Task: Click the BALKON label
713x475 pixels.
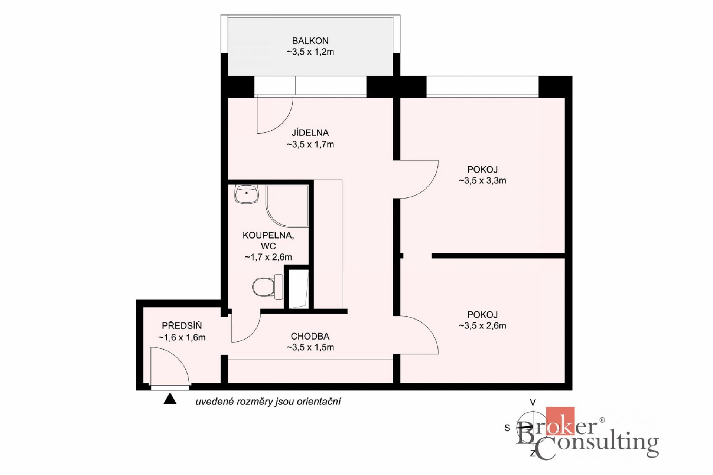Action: [x=310, y=40]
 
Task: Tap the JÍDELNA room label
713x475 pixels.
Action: [x=310, y=132]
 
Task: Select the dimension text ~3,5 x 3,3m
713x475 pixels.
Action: [x=482, y=181]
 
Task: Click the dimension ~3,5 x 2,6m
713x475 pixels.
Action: [x=482, y=326]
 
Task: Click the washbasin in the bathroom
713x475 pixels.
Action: [x=246, y=194]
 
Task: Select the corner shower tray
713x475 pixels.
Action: [x=287, y=206]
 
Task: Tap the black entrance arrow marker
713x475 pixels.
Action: [x=170, y=399]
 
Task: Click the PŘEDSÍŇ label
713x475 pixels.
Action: [x=182, y=326]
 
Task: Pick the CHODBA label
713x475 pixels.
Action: [x=310, y=336]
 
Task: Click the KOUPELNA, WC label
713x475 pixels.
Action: [x=268, y=240]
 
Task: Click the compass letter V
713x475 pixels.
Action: [x=533, y=402]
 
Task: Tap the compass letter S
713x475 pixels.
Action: [x=507, y=428]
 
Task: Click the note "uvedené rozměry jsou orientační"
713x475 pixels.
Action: [x=268, y=402]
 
